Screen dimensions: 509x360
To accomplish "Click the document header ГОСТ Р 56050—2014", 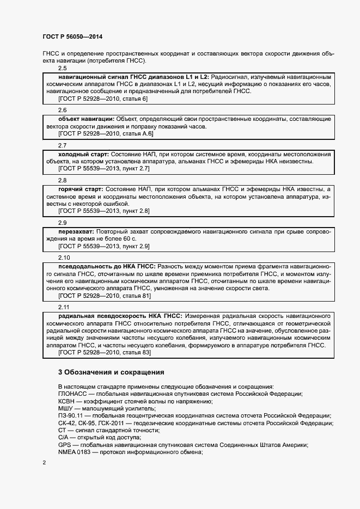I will click(x=72, y=36).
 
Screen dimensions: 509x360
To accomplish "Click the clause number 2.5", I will click(x=62, y=68).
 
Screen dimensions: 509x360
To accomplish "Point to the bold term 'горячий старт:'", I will click(x=80, y=189).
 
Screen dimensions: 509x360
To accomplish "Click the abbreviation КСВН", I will click(x=67, y=401).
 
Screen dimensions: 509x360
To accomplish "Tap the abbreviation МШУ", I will click(x=66, y=408).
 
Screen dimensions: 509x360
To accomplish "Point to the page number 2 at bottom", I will click(x=44, y=463).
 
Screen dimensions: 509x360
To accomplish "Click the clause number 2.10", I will click(x=64, y=257).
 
